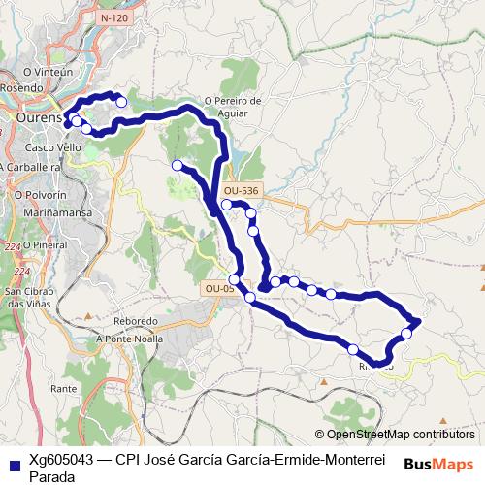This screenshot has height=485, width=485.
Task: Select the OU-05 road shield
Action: [219, 288]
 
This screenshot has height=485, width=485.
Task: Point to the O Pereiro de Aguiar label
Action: [234, 106]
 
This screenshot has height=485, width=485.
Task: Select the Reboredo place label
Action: [135, 321]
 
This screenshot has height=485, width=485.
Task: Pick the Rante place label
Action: [64, 388]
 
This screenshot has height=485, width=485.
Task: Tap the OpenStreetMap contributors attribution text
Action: [400, 435]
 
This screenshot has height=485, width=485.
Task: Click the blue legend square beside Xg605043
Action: [14, 462]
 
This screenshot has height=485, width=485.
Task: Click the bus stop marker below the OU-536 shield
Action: [226, 205]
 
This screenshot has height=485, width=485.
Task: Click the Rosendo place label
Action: [22, 87]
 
